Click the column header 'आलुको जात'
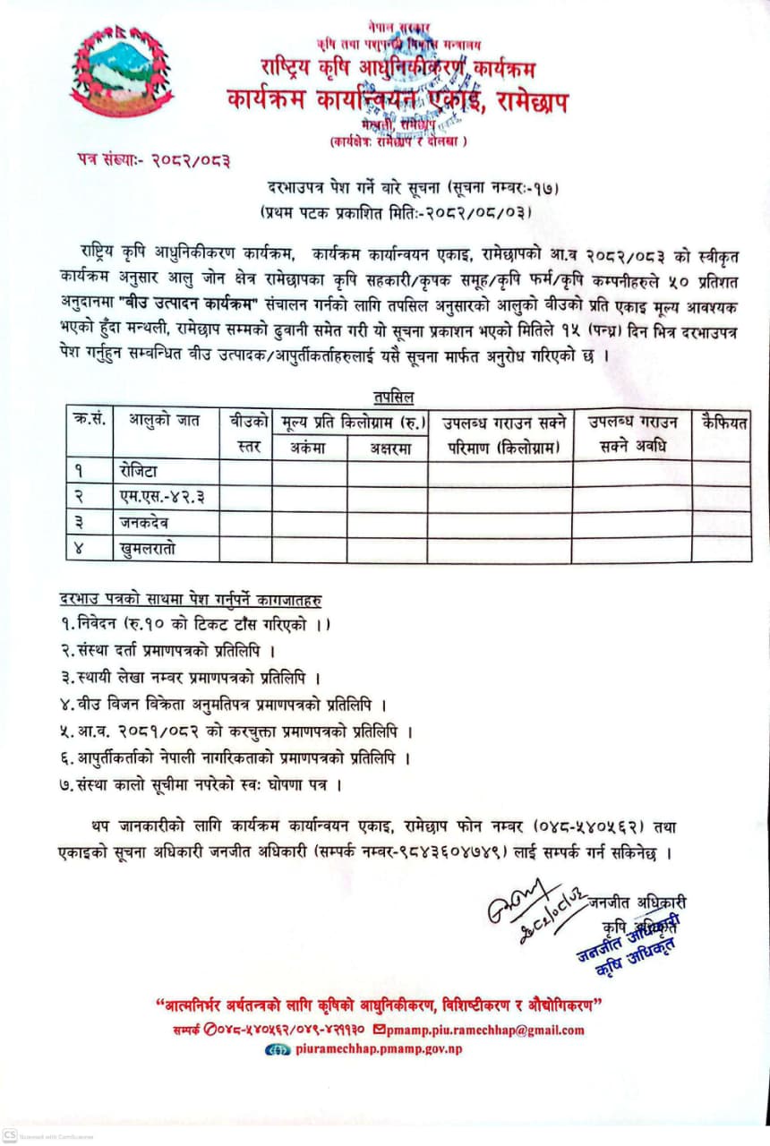coord(164,421)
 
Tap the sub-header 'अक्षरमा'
coord(387,449)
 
